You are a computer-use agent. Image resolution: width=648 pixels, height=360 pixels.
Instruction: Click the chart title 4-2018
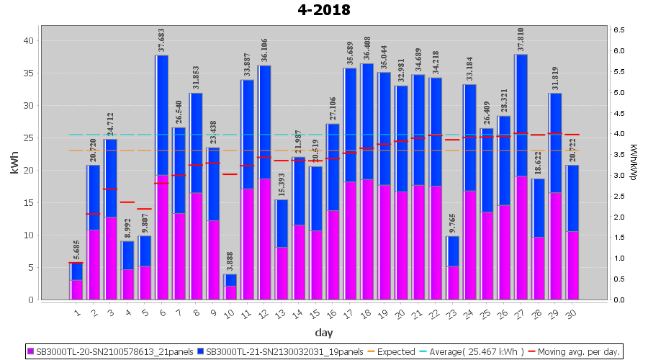point(324,10)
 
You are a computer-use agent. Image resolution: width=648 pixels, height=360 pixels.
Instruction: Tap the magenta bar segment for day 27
point(521,238)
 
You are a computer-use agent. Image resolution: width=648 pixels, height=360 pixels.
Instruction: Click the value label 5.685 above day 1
point(76,249)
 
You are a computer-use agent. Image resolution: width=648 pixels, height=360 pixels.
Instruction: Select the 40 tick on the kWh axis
point(29,41)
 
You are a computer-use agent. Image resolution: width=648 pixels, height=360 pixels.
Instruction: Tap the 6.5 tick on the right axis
point(618,30)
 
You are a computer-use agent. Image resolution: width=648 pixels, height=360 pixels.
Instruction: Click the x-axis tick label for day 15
point(315,312)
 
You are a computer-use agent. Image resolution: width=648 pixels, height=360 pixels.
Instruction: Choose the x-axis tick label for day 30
point(572,312)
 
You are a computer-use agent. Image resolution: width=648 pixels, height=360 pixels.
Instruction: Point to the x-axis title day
point(323,332)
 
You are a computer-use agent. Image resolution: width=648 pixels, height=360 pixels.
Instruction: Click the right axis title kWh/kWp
point(633,163)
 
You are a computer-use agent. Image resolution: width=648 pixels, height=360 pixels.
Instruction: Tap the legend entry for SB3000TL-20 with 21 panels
point(112,351)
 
